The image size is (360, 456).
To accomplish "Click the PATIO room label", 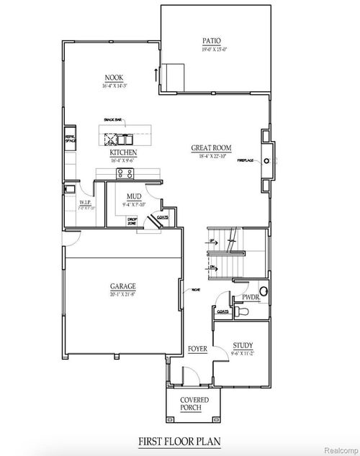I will click(x=211, y=41).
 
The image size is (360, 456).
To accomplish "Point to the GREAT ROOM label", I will click(x=211, y=147).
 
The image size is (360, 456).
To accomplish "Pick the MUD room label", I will click(x=133, y=196).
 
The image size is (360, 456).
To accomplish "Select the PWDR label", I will click(x=251, y=296).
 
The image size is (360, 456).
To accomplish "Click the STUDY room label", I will click(x=243, y=347).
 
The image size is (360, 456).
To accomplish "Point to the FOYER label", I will click(x=198, y=349).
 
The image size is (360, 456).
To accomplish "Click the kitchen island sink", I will click(x=111, y=138).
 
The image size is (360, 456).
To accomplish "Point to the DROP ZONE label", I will click(x=132, y=222).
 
